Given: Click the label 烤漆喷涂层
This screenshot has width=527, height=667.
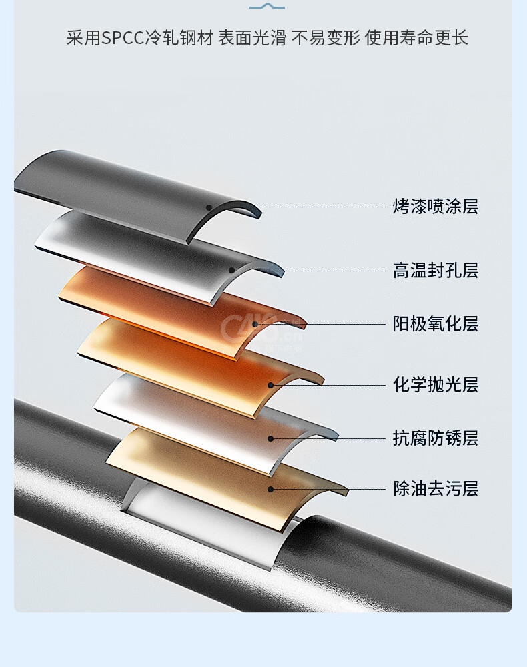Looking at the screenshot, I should pyautogui.click(x=436, y=207).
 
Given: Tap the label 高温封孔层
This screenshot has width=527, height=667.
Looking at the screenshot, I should pyautogui.click(x=436, y=271).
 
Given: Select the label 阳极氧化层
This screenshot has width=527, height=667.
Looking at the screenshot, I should pyautogui.click(x=436, y=324).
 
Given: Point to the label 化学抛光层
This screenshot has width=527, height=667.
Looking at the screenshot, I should pyautogui.click(x=436, y=385).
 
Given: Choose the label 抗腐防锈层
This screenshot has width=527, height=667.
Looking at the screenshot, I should pyautogui.click(x=436, y=438).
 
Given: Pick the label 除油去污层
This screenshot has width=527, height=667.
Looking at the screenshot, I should pyautogui.click(x=436, y=489).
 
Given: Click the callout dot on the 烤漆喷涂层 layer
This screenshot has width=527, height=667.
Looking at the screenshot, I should pyautogui.click(x=209, y=207).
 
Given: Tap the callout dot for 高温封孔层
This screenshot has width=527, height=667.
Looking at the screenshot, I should pyautogui.click(x=232, y=271).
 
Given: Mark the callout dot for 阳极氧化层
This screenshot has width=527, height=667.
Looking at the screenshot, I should pyautogui.click(x=255, y=324).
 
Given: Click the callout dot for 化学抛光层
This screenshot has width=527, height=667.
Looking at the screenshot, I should pyautogui.click(x=270, y=385).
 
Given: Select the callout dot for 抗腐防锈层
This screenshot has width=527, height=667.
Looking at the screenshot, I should pyautogui.click(x=270, y=438).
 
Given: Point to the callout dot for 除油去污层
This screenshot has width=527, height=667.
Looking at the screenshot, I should pyautogui.click(x=270, y=489).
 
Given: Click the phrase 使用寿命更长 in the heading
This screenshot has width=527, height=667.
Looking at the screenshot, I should pyautogui.click(x=416, y=38).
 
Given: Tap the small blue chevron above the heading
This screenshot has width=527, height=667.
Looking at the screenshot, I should pyautogui.click(x=267, y=7).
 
